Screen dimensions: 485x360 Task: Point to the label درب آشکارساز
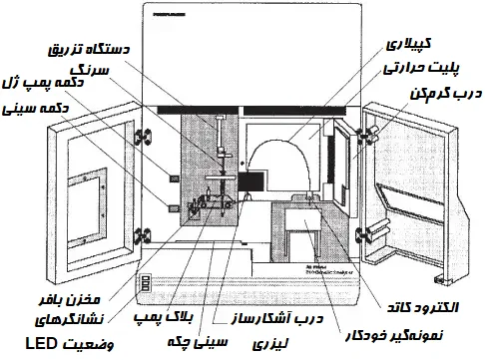pos(300,316)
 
